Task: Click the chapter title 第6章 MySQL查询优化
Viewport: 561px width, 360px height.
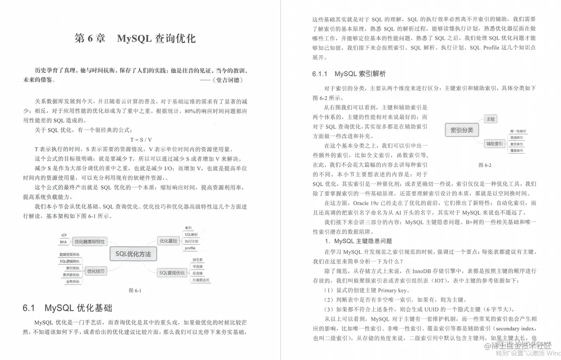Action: (x=135, y=39)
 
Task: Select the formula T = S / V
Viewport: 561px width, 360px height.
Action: (x=141, y=140)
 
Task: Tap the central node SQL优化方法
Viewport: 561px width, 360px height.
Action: (x=133, y=254)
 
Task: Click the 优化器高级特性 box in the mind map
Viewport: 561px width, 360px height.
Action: (x=89, y=242)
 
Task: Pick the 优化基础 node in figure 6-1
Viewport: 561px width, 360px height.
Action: (x=168, y=241)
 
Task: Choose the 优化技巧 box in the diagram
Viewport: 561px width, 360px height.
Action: (x=96, y=271)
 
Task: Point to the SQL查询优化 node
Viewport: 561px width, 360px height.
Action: (x=171, y=273)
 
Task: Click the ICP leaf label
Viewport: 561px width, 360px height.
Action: (x=64, y=235)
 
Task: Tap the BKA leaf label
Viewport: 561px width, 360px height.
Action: (x=64, y=242)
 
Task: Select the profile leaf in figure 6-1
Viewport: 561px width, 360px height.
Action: (x=190, y=248)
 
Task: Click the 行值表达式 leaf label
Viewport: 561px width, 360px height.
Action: (x=200, y=280)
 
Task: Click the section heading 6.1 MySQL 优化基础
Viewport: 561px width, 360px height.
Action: (x=67, y=309)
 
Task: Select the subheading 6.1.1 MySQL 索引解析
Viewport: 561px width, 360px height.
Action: (x=349, y=74)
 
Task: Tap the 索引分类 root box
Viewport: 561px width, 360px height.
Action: (x=462, y=130)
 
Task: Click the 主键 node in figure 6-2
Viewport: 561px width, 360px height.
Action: (x=490, y=119)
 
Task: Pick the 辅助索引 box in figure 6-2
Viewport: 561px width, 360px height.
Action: (x=494, y=144)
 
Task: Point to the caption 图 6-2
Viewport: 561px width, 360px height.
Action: (x=484, y=165)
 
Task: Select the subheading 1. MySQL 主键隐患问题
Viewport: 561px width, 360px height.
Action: (x=358, y=241)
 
